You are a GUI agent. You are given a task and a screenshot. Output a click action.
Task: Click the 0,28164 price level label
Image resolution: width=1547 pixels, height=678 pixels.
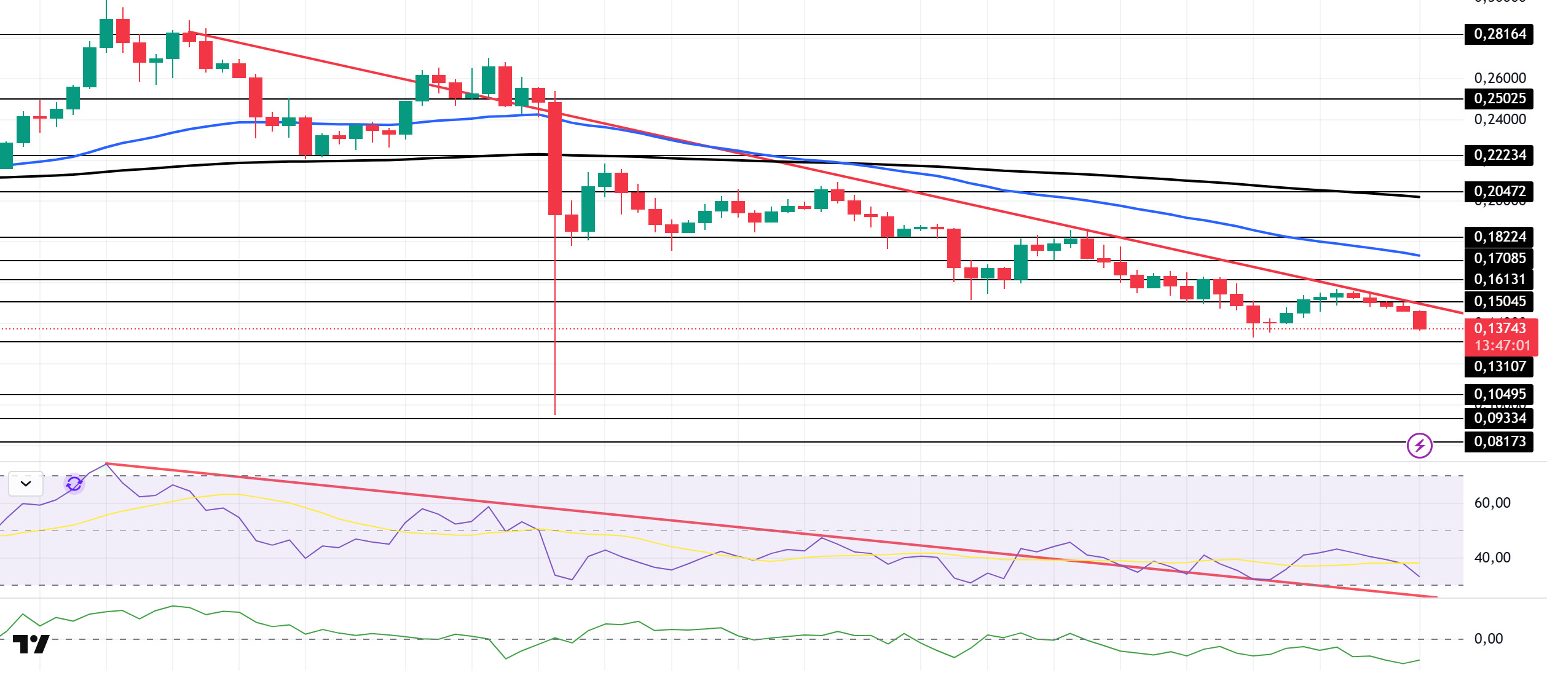coord(1499,34)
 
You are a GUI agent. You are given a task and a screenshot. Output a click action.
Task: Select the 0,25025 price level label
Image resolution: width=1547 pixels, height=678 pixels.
coord(1499,98)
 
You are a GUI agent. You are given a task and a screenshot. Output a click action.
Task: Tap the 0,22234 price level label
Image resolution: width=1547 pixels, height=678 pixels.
coord(1499,155)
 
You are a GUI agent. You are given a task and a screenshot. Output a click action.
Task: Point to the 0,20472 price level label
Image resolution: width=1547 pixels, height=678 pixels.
coord(1499,192)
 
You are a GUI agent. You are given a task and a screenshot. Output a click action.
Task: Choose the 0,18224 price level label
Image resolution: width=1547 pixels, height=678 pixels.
coord(1499,237)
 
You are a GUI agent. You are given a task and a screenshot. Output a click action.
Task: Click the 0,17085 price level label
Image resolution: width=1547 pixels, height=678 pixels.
coord(1499,258)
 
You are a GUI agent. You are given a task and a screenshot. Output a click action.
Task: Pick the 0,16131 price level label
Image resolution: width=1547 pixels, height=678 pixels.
coord(1499,280)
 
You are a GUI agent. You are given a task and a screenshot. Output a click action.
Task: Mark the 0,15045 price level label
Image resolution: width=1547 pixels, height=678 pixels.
coord(1499,301)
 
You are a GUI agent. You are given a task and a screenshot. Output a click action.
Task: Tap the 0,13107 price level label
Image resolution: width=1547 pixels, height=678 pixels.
coord(1499,366)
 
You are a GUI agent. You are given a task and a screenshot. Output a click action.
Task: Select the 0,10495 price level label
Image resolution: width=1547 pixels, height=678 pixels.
coord(1499,394)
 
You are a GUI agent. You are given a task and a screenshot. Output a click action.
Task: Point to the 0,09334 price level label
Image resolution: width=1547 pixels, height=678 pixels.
coord(1499,418)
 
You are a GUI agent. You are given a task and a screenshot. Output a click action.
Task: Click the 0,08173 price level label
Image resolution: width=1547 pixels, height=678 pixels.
coord(1499,441)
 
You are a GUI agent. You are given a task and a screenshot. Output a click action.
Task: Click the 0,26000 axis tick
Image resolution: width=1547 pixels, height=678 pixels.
coord(1500,78)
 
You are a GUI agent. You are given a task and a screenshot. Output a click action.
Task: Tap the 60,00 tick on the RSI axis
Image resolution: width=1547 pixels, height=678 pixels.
coord(1492,503)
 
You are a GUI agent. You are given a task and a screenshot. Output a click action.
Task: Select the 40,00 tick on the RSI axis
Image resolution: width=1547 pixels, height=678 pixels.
coord(1492,558)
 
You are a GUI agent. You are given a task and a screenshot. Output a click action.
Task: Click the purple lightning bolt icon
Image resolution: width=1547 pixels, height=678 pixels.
coord(1420,446)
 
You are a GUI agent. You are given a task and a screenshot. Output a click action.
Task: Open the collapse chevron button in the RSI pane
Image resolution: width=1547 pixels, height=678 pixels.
coord(26,484)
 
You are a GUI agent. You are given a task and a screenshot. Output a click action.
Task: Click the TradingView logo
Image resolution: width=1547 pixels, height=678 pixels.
coord(31,644)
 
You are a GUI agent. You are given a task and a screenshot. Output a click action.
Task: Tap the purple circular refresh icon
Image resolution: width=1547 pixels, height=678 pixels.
coord(74,484)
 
